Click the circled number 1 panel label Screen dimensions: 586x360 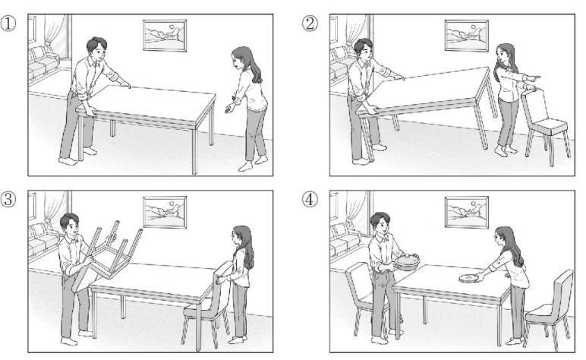click(8, 24)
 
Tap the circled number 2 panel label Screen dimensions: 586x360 click(310, 24)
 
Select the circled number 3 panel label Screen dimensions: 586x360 click(8, 200)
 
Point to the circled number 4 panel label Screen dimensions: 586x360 click(310, 200)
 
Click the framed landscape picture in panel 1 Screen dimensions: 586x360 click(165, 36)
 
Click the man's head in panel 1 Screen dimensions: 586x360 click(96, 49)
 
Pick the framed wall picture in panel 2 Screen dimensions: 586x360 click(466, 36)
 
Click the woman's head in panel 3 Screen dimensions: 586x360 click(240, 237)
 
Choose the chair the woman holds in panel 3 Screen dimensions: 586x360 click(206, 303)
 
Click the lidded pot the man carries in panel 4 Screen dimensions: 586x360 click(407, 262)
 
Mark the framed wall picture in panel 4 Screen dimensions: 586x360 click(466, 212)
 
